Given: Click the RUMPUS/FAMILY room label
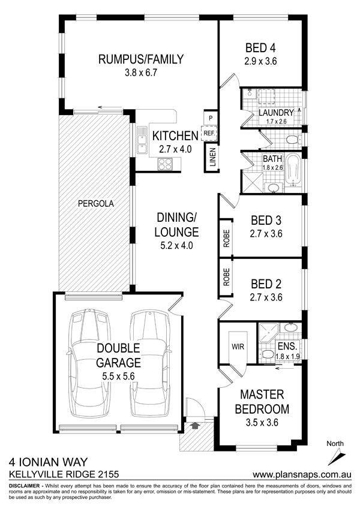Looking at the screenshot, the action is coord(141,59).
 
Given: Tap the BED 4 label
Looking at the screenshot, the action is coord(260,48).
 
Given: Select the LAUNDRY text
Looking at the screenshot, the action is coord(276,113).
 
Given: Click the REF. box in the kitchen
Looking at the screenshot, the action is coord(210,132).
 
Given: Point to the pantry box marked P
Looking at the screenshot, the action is coord(211,118).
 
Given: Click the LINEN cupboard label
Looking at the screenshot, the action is coord(212,157).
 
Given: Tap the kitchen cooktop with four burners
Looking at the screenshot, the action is coord(165,163).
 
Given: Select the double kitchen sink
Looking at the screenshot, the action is coord(142,140).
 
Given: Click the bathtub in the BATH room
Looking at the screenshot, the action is coord(295,171).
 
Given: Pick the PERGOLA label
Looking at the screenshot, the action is coord(96,203).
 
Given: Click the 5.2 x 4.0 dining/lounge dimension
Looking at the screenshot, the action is coord(177,246).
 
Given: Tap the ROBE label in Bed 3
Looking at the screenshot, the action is coord(226,239).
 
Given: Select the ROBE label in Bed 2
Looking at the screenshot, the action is coord(226,277).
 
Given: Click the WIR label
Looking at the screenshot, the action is coord(238,347).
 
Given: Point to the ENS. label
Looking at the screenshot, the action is coord(287,346).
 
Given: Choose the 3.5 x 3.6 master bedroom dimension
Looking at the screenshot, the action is coord(262,422).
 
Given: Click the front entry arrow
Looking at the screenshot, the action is coord(196,425).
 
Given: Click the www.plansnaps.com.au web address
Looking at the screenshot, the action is coord(302,474).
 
